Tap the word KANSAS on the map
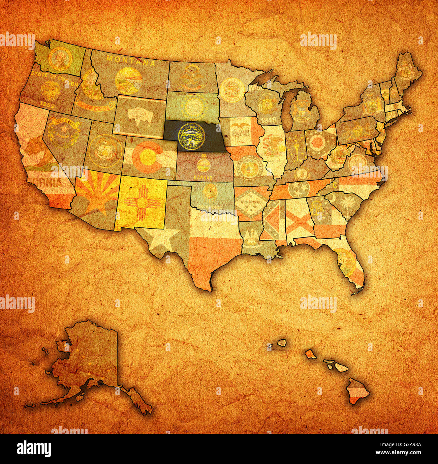tap(203, 177)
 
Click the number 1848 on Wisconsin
tap(266, 120)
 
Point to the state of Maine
tap(407, 71)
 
